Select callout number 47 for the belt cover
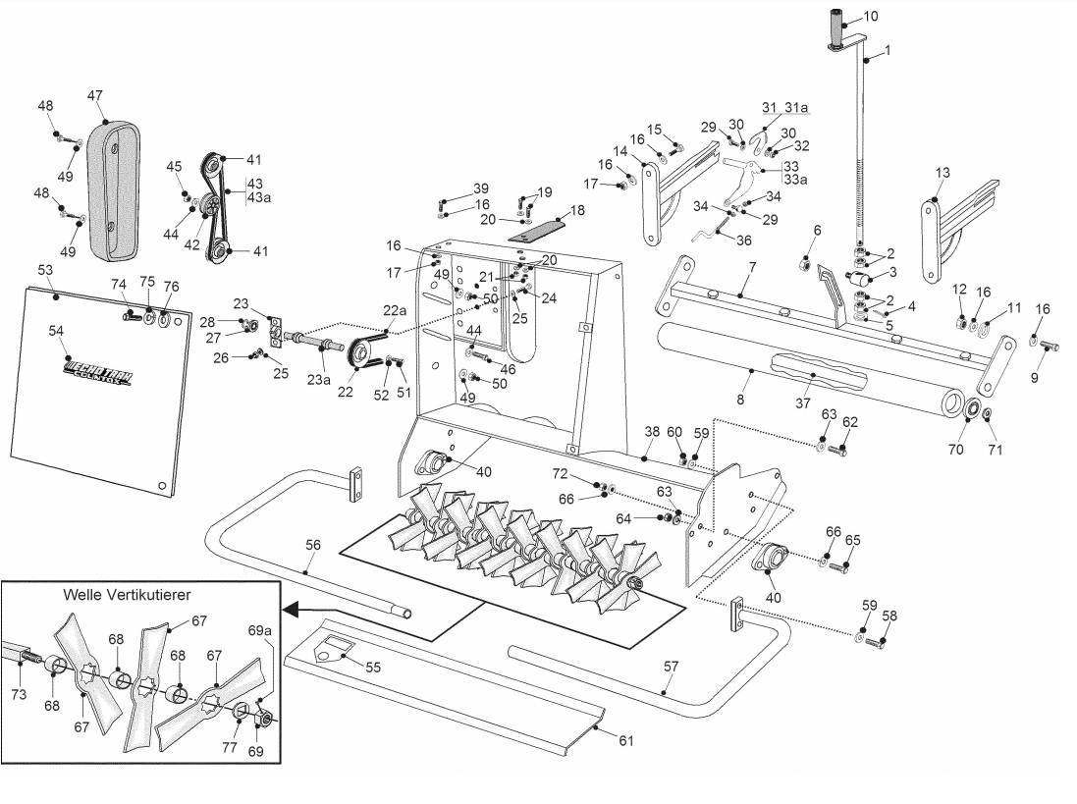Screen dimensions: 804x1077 94,95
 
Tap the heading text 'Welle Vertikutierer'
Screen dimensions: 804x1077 127,595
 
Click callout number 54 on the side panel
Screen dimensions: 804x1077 56,332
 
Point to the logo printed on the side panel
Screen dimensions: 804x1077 97,374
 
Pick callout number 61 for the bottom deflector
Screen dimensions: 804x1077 626,741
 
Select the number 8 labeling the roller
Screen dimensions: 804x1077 740,400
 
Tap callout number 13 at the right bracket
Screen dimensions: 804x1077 942,173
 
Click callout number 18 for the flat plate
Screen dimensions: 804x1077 576,210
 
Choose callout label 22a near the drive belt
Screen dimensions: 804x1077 390,310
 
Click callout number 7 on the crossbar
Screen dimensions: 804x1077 752,267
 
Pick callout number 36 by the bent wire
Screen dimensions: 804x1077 743,241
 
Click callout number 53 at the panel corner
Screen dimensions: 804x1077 45,269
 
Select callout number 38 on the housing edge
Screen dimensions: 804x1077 652,432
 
